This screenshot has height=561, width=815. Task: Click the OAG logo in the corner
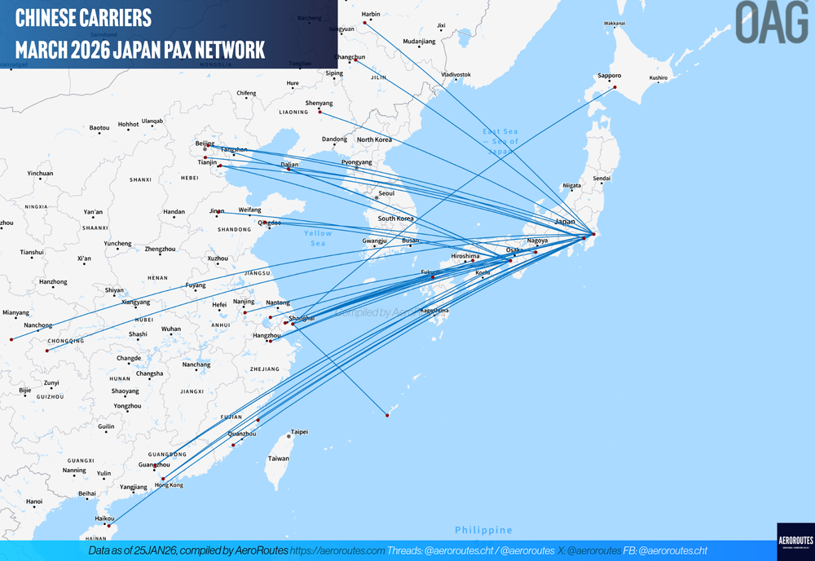click(x=771, y=22)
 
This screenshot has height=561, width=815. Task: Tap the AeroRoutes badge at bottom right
click(x=795, y=541)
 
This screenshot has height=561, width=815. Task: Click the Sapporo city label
click(x=609, y=76)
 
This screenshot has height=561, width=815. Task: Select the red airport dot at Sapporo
click(x=615, y=87)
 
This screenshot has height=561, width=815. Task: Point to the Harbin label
click(x=370, y=14)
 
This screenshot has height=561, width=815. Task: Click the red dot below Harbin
click(x=364, y=22)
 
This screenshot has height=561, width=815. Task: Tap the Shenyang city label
click(x=319, y=103)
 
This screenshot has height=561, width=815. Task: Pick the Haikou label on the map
click(x=104, y=518)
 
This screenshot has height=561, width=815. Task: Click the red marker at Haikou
click(x=108, y=525)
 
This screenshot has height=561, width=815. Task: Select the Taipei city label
click(x=299, y=431)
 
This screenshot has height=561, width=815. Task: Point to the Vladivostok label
click(x=456, y=74)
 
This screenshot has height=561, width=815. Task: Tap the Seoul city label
click(x=386, y=193)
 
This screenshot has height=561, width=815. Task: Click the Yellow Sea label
click(x=318, y=238)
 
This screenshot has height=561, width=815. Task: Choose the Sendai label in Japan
click(x=601, y=178)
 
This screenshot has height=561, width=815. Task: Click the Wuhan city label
click(x=171, y=329)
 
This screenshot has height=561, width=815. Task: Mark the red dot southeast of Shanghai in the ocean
click(x=387, y=416)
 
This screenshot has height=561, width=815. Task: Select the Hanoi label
click(x=33, y=501)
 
